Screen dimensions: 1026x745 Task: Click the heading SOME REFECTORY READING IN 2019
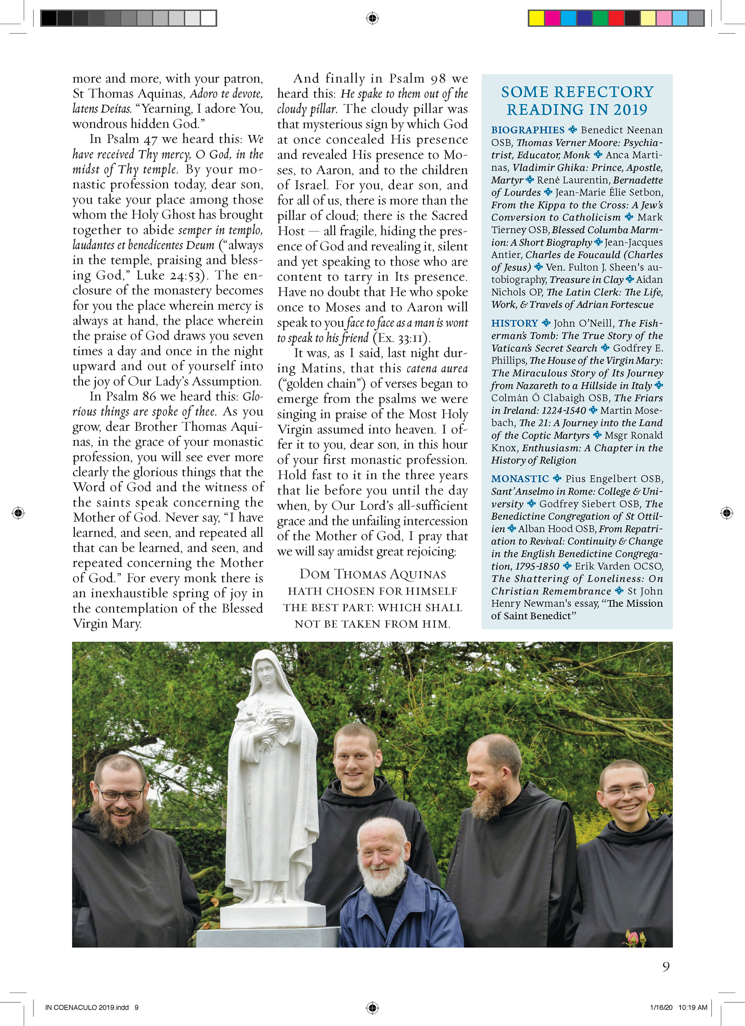[x=577, y=101]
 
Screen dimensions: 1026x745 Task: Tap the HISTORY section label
[x=515, y=323]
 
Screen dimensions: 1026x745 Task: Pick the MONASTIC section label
[x=520, y=479]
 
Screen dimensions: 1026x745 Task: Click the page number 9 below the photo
[x=665, y=967]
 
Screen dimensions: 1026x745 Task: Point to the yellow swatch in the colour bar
[x=537, y=18]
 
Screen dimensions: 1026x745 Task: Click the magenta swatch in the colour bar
[x=553, y=18]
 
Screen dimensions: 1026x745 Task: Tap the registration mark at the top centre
[x=372, y=18]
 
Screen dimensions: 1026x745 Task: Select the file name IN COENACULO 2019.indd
[x=87, y=1007]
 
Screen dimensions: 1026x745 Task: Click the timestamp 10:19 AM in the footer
[x=693, y=1007]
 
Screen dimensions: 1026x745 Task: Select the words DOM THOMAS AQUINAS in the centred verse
[x=372, y=575]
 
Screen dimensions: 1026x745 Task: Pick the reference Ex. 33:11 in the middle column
[x=402, y=338]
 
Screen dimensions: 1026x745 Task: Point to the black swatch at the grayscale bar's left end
[x=49, y=18]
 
